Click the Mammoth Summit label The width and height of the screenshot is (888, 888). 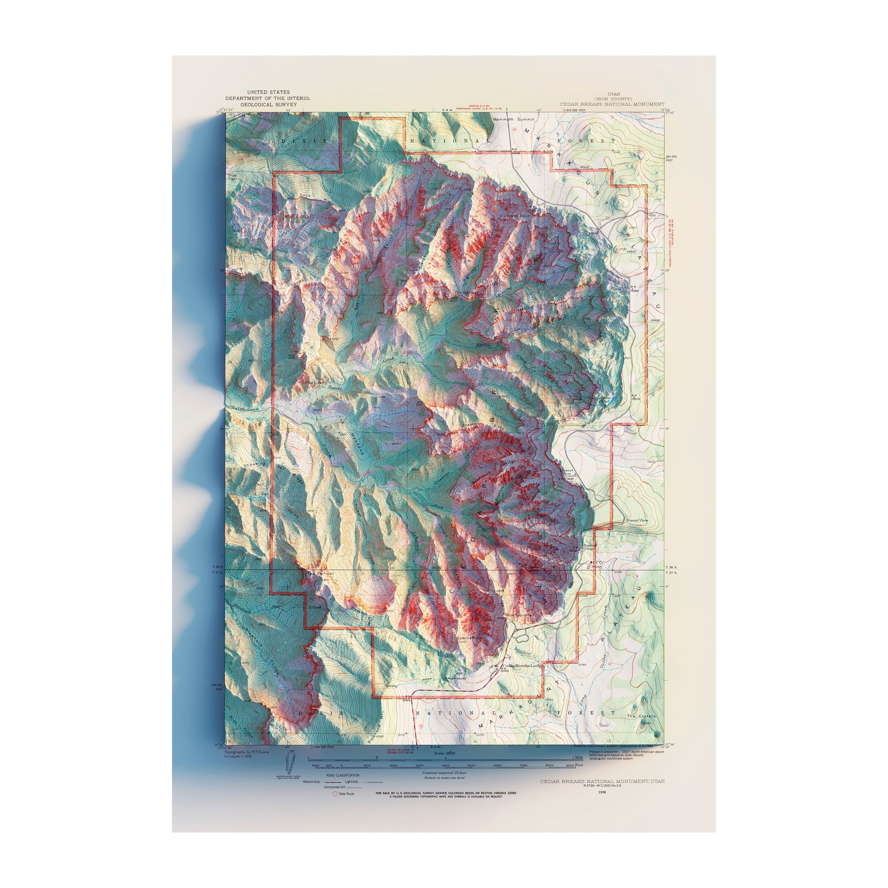click(x=513, y=120)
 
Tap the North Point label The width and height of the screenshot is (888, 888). click(x=518, y=215)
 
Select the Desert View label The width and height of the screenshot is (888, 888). click(x=566, y=472)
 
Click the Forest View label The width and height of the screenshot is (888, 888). click(x=637, y=520)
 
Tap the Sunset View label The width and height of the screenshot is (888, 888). click(x=590, y=548)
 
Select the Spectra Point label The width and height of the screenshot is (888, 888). click(x=469, y=638)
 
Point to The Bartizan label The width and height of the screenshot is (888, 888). click(x=319, y=574)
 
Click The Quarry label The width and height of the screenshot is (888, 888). click(x=317, y=382)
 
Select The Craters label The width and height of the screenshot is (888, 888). click(x=641, y=716)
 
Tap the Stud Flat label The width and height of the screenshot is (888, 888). click(x=231, y=177)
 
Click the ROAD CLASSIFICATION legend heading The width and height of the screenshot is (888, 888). click(x=342, y=775)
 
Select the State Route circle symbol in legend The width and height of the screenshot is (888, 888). click(x=335, y=794)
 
